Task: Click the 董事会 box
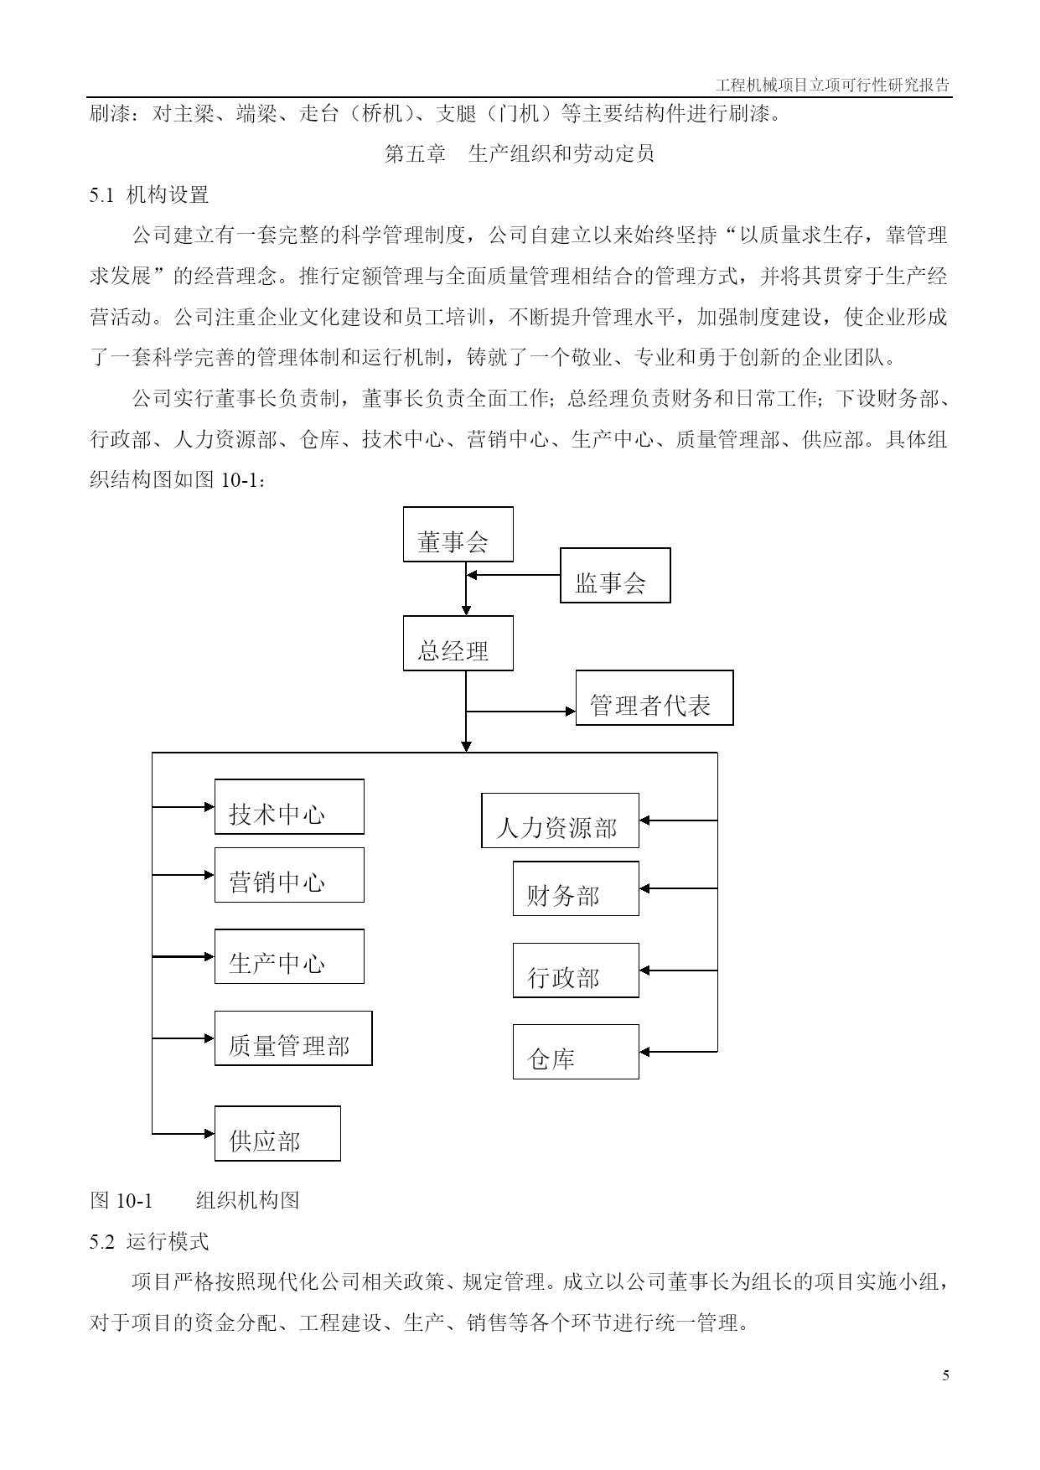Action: (x=458, y=534)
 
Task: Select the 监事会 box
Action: (x=615, y=575)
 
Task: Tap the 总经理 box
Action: (x=458, y=643)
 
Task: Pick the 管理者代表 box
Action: (x=655, y=697)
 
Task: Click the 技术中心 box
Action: (x=289, y=806)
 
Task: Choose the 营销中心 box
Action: (x=289, y=874)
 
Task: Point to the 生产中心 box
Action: (x=289, y=955)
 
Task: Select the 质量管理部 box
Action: (x=293, y=1038)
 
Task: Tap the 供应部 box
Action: (x=277, y=1133)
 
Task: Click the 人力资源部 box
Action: (x=560, y=820)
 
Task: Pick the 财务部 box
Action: (x=576, y=888)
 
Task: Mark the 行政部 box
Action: (x=576, y=970)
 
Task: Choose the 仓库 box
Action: (x=576, y=1051)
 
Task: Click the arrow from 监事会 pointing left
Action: (x=513, y=575)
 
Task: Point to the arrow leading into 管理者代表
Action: (x=521, y=712)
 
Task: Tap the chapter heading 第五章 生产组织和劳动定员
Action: (x=520, y=154)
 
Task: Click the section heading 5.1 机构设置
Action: (x=149, y=195)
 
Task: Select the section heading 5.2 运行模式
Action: (x=149, y=1241)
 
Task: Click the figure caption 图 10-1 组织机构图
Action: (x=194, y=1200)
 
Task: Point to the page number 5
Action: (x=946, y=1375)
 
